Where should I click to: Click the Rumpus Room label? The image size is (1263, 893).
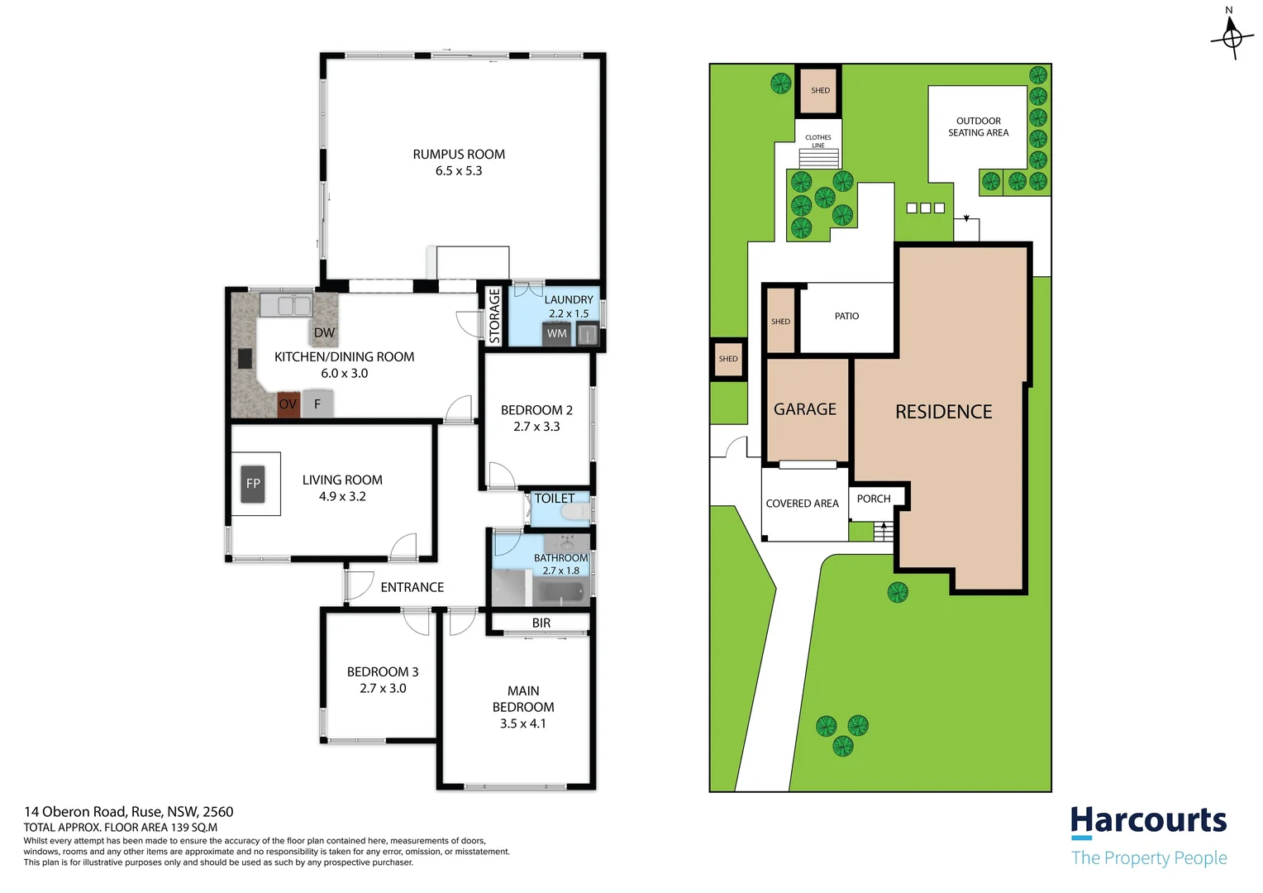coord(459,155)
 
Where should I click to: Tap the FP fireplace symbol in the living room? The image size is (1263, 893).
coord(253,484)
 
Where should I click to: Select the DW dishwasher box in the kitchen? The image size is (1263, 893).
coord(324,332)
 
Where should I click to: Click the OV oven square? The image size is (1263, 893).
coord(288,404)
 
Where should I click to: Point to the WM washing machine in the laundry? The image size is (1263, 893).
coord(557,333)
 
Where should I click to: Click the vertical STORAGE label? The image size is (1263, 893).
coord(494,316)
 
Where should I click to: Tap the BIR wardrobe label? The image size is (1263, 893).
coord(541,623)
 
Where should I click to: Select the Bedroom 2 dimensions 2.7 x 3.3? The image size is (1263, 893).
coord(536,427)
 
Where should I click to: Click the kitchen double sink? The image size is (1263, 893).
coord(286,305)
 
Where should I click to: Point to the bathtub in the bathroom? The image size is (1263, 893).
coord(560,591)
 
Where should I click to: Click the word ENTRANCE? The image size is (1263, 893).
coord(412,587)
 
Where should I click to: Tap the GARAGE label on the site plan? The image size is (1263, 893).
coord(805,409)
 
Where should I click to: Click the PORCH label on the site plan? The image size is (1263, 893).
coord(874,499)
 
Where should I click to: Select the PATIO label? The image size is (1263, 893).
coord(846,316)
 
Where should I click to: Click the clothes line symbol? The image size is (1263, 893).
coord(818,157)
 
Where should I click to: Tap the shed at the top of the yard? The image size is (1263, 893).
coord(819,90)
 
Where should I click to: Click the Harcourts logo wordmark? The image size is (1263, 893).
coord(1148,821)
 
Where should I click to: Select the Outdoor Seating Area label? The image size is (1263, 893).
coord(978,127)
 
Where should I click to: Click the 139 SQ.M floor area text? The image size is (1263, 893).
coord(194,827)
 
